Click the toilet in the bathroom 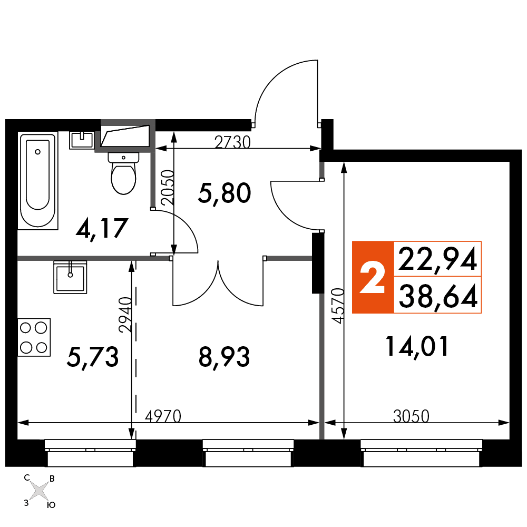[x=123, y=173]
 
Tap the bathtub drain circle [x=37, y=152]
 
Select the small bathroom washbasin [x=81, y=140]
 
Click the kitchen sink [x=70, y=277]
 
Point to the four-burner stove [x=34, y=337]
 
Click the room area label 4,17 [x=102, y=228]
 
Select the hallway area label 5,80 [x=225, y=193]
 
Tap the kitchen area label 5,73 [x=93, y=357]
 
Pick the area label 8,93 [x=224, y=357]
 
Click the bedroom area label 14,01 [x=417, y=347]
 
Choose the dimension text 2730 [x=232, y=142]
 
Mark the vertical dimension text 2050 [x=168, y=187]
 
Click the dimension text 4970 [x=163, y=416]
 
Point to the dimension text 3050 [x=411, y=416]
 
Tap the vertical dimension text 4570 [x=338, y=306]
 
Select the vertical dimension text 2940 [x=125, y=315]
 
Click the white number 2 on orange [x=373, y=278]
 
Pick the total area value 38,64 [x=438, y=296]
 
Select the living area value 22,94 [x=437, y=259]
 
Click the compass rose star [x=40, y=490]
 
